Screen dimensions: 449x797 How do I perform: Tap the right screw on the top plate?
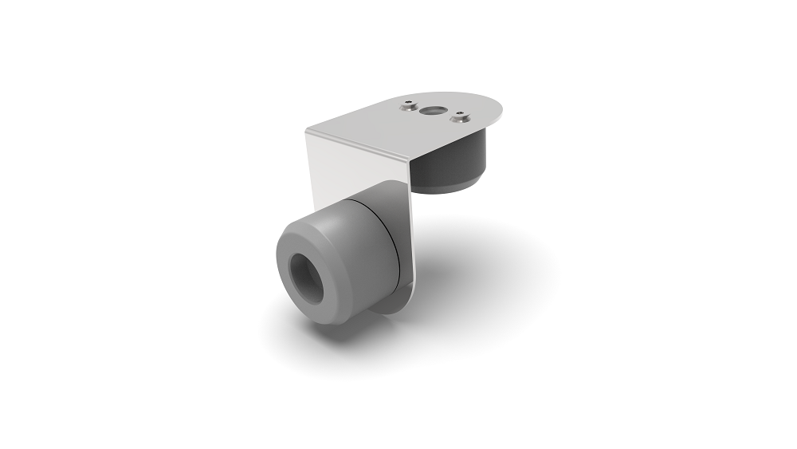459,118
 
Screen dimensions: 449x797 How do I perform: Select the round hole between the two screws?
434,111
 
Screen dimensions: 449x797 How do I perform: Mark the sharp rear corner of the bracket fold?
308,129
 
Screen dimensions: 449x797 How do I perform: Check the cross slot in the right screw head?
459,118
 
